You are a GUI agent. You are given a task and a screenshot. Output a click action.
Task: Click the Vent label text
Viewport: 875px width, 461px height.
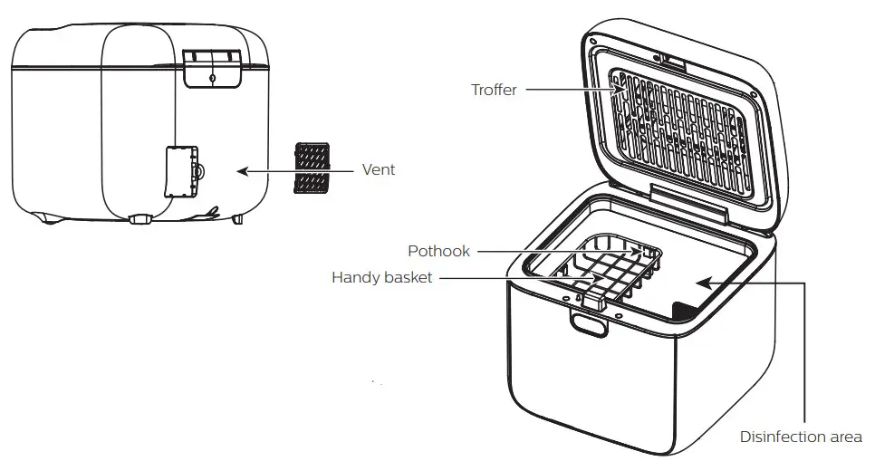pyautogui.click(x=378, y=169)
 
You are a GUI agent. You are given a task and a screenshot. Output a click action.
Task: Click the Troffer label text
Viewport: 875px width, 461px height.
pyautogui.click(x=494, y=90)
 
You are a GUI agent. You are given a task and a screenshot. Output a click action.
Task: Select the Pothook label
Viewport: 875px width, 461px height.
pyautogui.click(x=438, y=251)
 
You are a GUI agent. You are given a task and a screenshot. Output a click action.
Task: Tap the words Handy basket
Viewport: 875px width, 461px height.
pyautogui.click(x=381, y=278)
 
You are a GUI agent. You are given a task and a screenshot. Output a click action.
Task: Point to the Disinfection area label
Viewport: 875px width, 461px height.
pyautogui.click(x=801, y=437)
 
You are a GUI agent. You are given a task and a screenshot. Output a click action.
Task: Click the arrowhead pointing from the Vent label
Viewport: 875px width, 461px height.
pyautogui.click(x=242, y=169)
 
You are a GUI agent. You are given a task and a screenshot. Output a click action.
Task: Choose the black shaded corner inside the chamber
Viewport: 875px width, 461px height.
pyautogui.click(x=684, y=311)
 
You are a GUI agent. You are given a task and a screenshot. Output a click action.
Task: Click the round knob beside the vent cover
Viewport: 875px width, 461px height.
pyautogui.click(x=199, y=170)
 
